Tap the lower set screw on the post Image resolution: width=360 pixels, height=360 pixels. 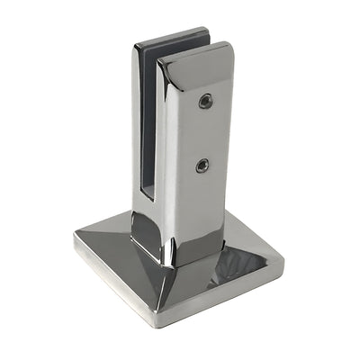(x=202, y=165)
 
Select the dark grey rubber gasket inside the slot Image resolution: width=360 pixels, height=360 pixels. (x=149, y=117)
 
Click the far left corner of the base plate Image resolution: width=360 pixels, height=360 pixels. (x=75, y=239)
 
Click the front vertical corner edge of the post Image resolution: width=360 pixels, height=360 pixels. (x=169, y=162)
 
